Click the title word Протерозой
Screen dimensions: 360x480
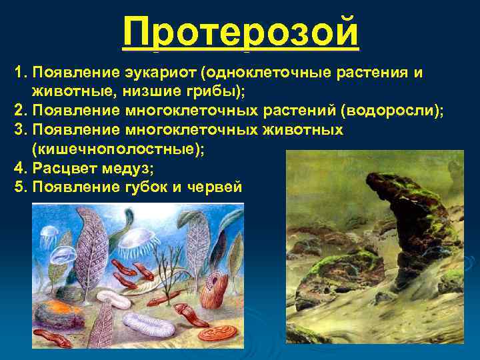click(x=241, y=33)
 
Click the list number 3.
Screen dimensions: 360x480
click(x=18, y=129)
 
